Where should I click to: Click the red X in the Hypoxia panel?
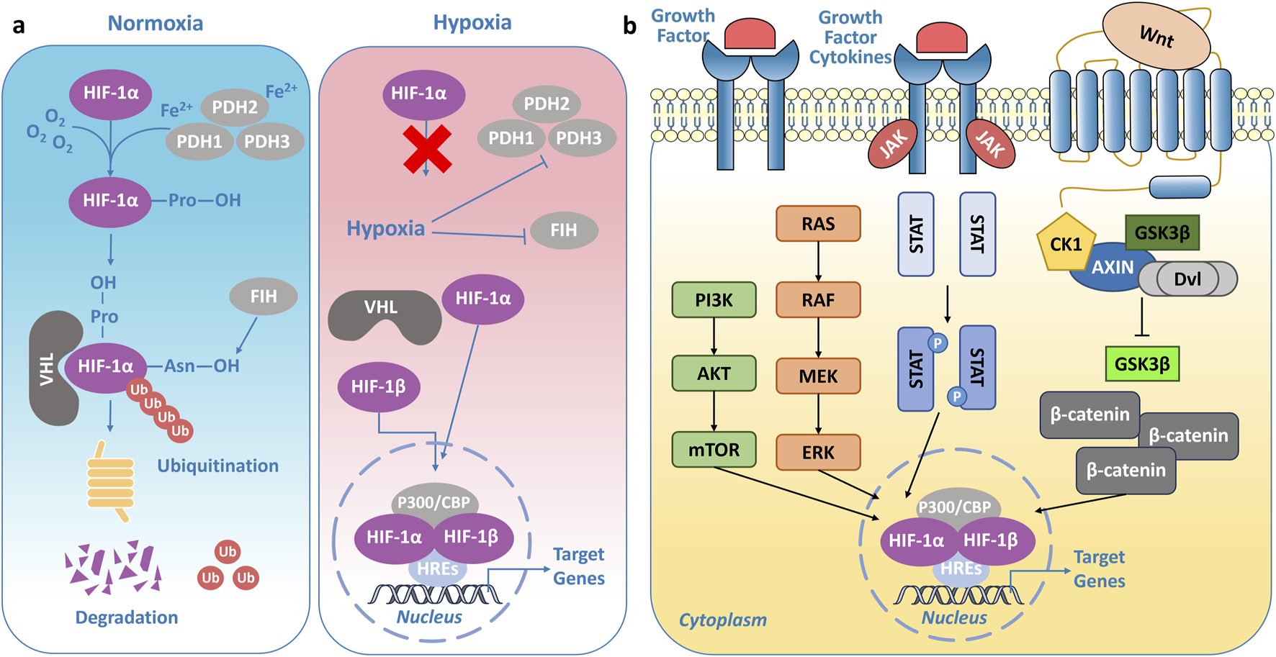(428, 150)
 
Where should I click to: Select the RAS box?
(818, 224)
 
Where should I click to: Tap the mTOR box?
(714, 450)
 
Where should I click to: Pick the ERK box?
(818, 452)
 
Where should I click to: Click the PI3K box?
(714, 300)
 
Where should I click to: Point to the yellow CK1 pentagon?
(1066, 243)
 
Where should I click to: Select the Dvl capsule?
(1188, 279)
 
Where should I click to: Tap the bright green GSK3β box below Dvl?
(1142, 364)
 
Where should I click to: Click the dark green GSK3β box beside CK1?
(1162, 232)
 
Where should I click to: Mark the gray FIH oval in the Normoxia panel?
(264, 296)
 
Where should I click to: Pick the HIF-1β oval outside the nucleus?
(379, 387)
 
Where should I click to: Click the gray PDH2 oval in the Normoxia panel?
(235, 108)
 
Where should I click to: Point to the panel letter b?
(630, 26)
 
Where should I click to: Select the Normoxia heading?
(156, 23)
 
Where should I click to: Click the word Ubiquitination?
(217, 466)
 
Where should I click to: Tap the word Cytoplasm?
(722, 620)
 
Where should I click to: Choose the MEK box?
(818, 376)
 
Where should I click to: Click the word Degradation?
(127, 617)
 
